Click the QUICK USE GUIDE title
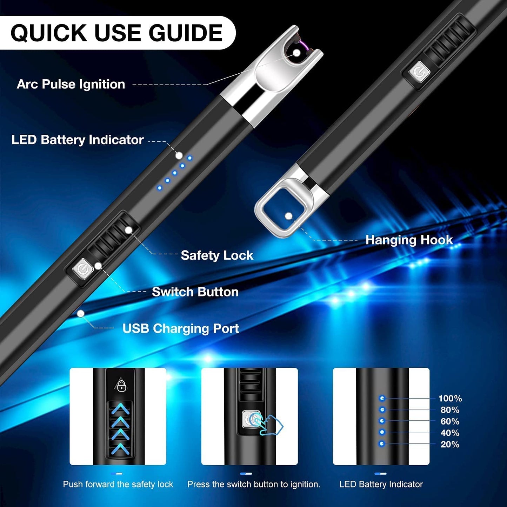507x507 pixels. point(116,33)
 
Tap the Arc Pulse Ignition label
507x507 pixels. point(71,85)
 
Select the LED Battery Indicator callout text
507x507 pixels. point(78,140)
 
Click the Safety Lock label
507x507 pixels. point(217,255)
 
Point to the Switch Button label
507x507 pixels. point(195,292)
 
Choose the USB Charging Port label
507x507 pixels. point(181,329)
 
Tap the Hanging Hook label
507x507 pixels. point(409,240)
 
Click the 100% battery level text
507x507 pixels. point(450,398)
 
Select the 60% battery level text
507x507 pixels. point(450,421)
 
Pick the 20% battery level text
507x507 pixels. point(450,445)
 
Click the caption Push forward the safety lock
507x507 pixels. point(118,485)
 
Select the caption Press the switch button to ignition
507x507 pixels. point(254,485)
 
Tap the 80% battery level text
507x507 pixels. point(450,410)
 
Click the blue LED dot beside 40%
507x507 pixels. point(382,432)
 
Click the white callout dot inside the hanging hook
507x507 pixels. point(289,216)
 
